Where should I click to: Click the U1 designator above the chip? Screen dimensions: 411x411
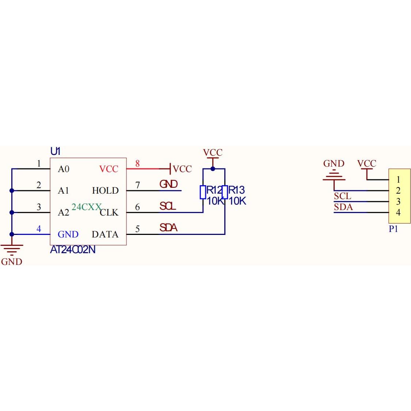click(x=55, y=151)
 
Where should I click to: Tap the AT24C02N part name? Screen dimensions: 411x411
click(x=73, y=250)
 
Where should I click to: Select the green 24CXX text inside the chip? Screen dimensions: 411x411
click(x=86, y=207)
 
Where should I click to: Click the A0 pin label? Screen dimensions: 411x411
click(x=64, y=169)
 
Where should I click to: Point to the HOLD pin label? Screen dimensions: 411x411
click(x=105, y=190)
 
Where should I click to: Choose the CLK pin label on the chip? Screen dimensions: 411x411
click(x=109, y=213)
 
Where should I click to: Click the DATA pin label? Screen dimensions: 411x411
click(x=105, y=234)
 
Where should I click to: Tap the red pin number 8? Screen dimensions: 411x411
click(x=137, y=164)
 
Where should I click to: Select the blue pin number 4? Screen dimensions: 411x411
click(x=39, y=229)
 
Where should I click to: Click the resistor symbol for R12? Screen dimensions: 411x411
click(x=203, y=192)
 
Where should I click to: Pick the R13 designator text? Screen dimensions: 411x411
click(x=236, y=190)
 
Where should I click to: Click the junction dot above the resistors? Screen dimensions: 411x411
click(x=213, y=169)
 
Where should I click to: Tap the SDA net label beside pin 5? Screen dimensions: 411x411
click(x=168, y=228)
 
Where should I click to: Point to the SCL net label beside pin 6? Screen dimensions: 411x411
click(x=168, y=206)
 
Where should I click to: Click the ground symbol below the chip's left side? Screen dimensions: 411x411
click(x=12, y=250)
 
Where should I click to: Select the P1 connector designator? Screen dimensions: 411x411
click(x=393, y=229)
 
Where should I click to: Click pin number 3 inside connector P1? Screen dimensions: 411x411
click(x=398, y=201)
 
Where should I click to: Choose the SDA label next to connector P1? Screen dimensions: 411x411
click(x=343, y=207)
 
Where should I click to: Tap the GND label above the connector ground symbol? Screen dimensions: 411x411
click(x=334, y=163)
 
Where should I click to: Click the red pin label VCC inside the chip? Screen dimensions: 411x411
click(x=109, y=169)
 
